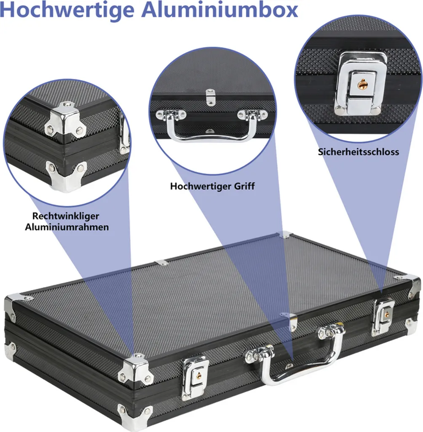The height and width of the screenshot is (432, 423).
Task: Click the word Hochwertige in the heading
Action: click(x=67, y=11)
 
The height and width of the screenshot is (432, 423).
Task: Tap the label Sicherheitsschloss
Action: click(x=358, y=152)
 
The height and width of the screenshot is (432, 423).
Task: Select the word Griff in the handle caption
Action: click(x=244, y=186)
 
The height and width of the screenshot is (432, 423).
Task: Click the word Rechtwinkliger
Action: click(x=65, y=216)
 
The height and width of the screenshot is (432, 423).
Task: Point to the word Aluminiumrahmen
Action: click(x=67, y=227)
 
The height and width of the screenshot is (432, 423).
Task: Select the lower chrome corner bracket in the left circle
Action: click(x=66, y=176)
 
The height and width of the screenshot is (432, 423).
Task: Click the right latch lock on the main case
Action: click(x=383, y=316)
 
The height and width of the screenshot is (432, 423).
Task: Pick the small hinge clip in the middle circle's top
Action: click(x=210, y=97)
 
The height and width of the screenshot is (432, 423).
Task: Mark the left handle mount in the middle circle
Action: click(x=171, y=115)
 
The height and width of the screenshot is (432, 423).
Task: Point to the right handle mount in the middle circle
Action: click(x=252, y=114)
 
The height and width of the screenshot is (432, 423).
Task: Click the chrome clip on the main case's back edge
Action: click(x=161, y=263)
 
